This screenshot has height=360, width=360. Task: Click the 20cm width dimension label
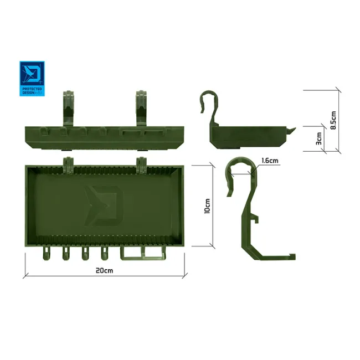click(x=104, y=271)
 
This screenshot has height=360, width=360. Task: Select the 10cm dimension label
click(x=207, y=206)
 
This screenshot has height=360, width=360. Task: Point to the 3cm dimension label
click(x=318, y=138)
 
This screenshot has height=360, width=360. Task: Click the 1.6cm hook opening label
click(x=270, y=161)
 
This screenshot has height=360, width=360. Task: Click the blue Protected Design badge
click(x=33, y=78)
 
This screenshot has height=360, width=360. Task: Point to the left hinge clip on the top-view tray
click(x=68, y=163)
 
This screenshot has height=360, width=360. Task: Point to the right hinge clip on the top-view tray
click(x=141, y=163)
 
